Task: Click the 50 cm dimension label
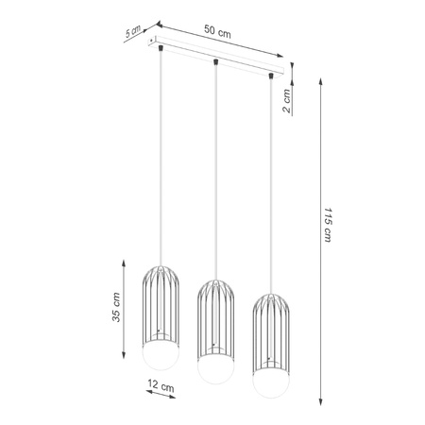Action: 218,30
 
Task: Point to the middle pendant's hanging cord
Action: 216,170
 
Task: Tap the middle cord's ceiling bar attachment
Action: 217,62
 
